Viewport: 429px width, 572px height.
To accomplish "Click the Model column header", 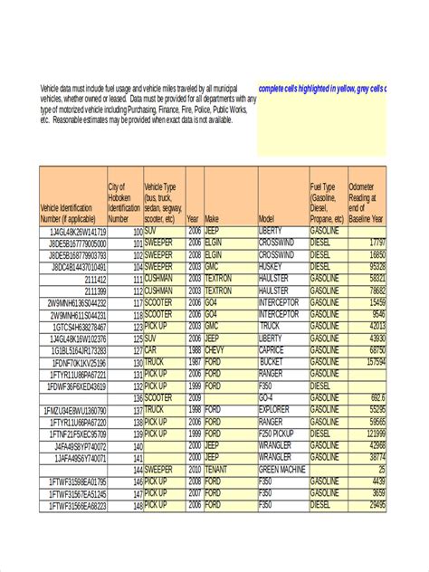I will point(267,219).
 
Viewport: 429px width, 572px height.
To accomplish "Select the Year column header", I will point(194,219).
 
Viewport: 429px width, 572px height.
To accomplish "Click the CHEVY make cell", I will point(214,349).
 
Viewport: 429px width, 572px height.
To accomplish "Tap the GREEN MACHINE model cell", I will point(282,470).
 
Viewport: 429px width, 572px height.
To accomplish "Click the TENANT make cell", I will point(217,470).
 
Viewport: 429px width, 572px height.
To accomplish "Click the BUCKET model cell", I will point(271,361).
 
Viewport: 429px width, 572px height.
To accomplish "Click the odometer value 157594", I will point(371,361).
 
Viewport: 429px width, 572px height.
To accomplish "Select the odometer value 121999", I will point(371,434).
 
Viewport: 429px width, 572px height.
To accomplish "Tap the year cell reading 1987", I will point(194,361).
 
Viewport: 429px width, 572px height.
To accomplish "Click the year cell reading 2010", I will point(194,470).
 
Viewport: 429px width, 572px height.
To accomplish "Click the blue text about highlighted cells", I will point(322,89).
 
